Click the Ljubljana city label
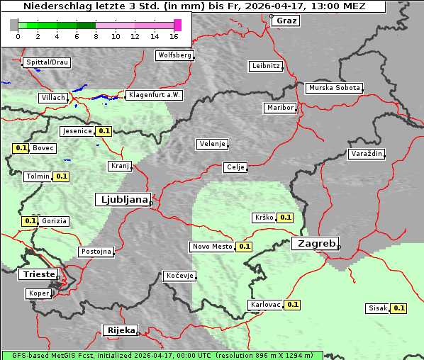click(x=122, y=200)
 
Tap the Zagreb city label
click(x=315, y=243)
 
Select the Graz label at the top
click(x=286, y=21)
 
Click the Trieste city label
click(x=36, y=274)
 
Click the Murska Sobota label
click(x=334, y=89)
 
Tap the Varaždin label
click(x=367, y=154)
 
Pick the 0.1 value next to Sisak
click(x=399, y=308)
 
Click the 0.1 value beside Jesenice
click(x=104, y=131)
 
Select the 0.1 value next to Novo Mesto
click(x=245, y=247)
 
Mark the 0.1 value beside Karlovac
click(x=293, y=305)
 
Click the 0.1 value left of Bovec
click(x=21, y=148)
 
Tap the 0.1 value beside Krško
click(x=285, y=218)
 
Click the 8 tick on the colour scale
click(x=96, y=35)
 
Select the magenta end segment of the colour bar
click(x=177, y=25)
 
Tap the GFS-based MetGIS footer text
click(x=162, y=355)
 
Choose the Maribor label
click(x=279, y=108)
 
